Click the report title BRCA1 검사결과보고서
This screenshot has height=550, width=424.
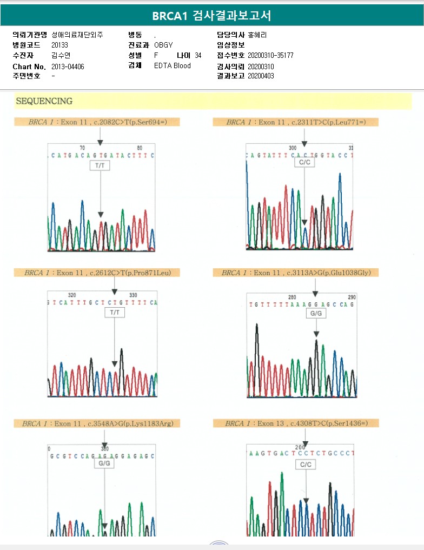[x=211, y=16]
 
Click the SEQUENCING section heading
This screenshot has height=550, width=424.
[x=44, y=101]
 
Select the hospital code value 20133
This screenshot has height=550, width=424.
[x=60, y=45]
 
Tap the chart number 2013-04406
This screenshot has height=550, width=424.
[x=68, y=67]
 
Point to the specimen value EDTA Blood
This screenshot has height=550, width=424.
[x=173, y=66]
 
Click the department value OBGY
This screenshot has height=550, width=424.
[x=163, y=45]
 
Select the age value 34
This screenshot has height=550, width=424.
[x=198, y=56]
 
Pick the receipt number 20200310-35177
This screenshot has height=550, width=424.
[x=270, y=56]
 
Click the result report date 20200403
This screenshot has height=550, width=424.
[x=261, y=76]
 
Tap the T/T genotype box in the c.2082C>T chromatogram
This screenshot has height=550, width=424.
[x=100, y=166]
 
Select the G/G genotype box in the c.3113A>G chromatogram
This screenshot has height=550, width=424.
[x=316, y=313]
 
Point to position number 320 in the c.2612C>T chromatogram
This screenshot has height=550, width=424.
[x=72, y=295]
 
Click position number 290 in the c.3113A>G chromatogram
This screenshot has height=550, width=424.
[x=352, y=297]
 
